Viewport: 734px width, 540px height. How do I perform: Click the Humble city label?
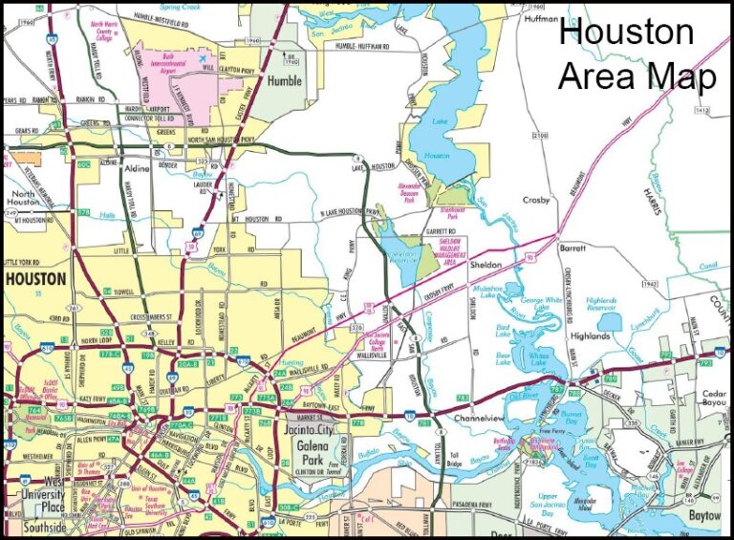[x=283, y=80]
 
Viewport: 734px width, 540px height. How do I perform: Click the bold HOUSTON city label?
[x=35, y=279]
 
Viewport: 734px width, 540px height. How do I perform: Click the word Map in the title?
[x=680, y=76]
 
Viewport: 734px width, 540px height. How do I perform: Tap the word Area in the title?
[x=598, y=76]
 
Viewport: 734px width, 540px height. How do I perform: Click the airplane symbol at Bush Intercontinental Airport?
[x=203, y=59]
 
